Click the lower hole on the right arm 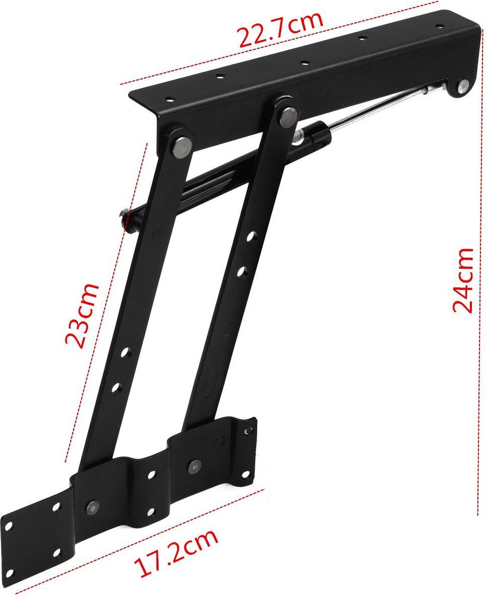pos(242,272)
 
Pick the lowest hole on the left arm pos(116,387)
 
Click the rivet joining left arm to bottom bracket pos(93,506)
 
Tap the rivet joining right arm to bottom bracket pos(193,466)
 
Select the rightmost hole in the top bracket pos(438,25)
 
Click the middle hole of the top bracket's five pos(304,63)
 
